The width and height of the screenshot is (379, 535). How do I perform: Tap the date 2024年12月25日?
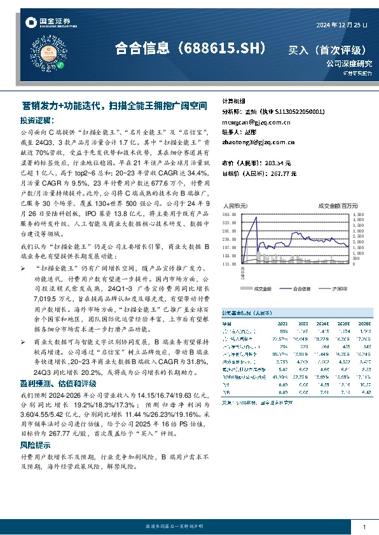click(x=342, y=25)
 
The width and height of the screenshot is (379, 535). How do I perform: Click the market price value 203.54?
click(x=278, y=163)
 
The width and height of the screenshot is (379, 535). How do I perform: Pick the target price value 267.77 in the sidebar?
click(x=278, y=172)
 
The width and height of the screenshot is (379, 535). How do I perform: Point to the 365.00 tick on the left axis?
click(x=228, y=215)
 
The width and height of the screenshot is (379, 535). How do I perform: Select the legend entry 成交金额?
click(x=262, y=288)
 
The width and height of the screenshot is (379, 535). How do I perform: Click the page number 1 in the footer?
click(x=364, y=528)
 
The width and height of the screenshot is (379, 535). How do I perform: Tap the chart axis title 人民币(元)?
click(x=234, y=206)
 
